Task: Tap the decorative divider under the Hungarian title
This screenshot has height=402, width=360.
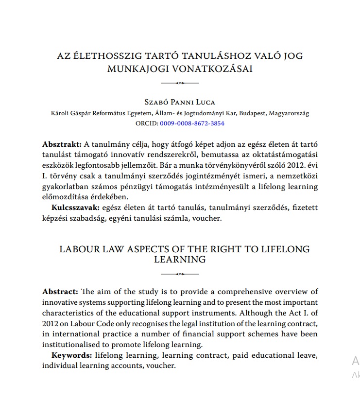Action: [x=180, y=83]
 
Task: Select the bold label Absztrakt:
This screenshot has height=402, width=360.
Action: [x=62, y=144]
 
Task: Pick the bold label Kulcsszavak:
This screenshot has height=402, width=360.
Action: [x=73, y=208]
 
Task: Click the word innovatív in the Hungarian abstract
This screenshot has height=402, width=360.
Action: [x=133, y=155]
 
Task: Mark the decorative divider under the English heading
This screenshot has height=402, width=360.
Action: [x=180, y=274]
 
